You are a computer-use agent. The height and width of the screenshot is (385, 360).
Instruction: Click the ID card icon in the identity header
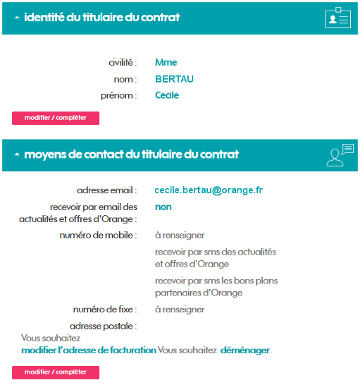coord(338,18)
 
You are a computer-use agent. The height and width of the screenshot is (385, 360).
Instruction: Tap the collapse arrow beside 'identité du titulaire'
coord(17,18)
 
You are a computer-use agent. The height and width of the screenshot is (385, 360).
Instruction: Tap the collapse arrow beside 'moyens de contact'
coord(17,154)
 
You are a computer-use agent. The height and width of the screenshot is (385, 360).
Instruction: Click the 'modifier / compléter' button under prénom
coord(56,118)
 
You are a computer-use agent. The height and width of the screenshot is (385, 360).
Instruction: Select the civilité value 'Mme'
coord(166,63)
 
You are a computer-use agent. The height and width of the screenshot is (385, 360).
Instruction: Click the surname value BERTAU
coord(174,79)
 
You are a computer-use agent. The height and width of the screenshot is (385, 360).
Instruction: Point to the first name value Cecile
coord(167,95)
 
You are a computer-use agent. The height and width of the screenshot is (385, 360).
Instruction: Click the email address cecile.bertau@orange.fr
coord(208,190)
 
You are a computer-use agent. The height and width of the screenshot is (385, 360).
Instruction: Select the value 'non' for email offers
coord(163,207)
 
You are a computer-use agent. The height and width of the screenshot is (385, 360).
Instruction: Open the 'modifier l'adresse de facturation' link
coord(89,350)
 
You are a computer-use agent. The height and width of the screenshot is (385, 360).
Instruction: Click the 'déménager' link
coord(244,350)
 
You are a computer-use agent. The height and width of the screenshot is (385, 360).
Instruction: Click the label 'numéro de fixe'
coord(104,310)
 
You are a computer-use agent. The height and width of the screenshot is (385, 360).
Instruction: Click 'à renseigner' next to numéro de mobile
coord(180,235)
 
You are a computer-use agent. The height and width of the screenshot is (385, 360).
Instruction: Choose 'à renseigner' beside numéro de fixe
coord(180,310)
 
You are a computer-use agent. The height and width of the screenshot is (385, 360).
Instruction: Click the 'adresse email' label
coord(106,190)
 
